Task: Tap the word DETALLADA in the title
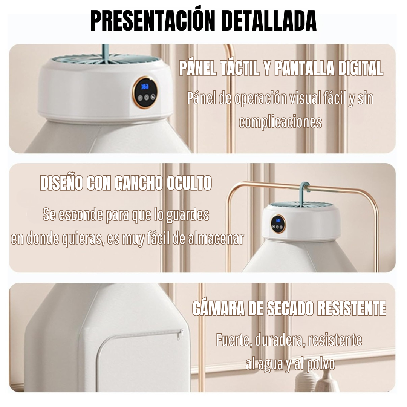point(268,21)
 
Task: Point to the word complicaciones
point(280,122)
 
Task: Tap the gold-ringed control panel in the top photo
point(145,92)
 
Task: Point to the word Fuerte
point(234,340)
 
